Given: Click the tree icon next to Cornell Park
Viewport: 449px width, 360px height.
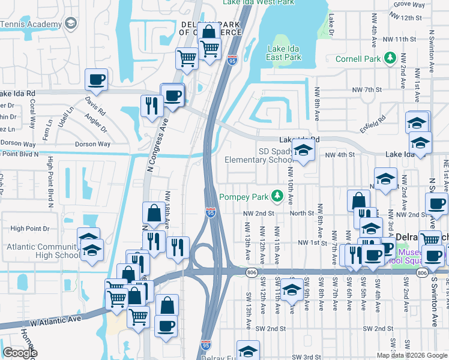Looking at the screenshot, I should coord(390,58).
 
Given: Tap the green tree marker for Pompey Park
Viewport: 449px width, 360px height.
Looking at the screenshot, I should coord(277,196).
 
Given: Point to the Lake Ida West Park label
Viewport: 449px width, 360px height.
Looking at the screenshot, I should coord(259,3).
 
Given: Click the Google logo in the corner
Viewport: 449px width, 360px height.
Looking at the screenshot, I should coord(20,353).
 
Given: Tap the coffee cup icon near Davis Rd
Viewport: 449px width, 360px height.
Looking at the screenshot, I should coord(96,79).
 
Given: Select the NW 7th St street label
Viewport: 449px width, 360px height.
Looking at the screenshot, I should coord(367,89).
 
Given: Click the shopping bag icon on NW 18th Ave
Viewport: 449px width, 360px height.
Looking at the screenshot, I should coord(154,213).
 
